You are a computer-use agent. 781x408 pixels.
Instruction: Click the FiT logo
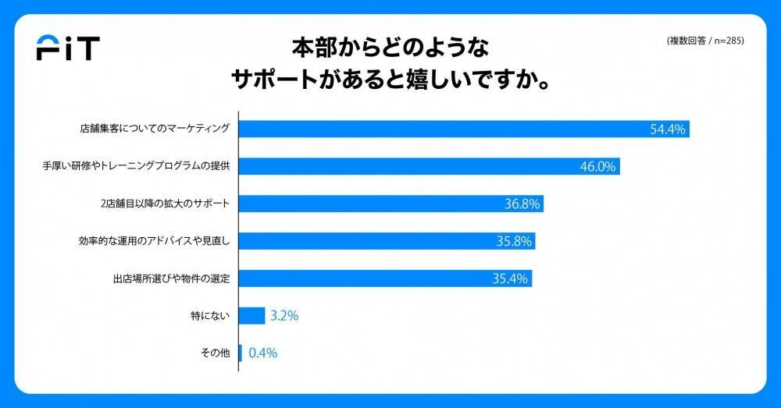(68, 49)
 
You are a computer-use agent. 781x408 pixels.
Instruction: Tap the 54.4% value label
(668, 129)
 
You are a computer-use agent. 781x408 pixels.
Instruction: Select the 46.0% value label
(598, 167)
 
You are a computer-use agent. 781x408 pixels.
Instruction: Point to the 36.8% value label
(522, 204)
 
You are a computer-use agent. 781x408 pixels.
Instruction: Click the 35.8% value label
(514, 242)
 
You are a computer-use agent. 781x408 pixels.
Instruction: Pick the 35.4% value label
(511, 279)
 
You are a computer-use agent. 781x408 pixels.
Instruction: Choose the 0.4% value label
(262, 353)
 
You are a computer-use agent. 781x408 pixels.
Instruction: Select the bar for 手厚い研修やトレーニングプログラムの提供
(429, 167)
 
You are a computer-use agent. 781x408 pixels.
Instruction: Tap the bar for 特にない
(251, 316)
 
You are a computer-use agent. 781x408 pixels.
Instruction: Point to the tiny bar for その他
(241, 353)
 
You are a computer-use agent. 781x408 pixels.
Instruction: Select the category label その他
(215, 353)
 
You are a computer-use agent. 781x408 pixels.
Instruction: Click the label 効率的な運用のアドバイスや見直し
(154, 242)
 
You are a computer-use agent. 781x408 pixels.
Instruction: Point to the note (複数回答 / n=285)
(704, 41)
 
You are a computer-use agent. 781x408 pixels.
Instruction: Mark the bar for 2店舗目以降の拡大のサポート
(390, 204)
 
